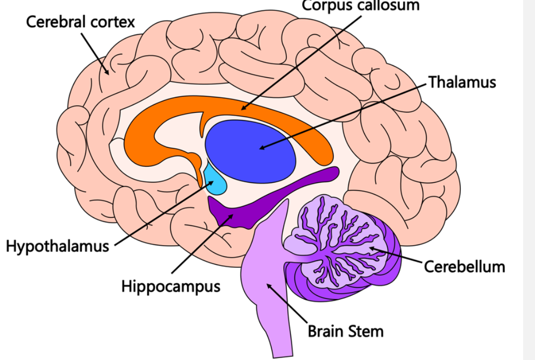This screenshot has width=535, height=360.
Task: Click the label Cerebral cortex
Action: pos(80,22)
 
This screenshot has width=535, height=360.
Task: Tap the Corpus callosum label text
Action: pos(360,5)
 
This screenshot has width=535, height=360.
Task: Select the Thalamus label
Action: pos(462,82)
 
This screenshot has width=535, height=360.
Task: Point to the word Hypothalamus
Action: pos(57,246)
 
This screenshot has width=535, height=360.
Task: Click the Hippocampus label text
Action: pos(170,286)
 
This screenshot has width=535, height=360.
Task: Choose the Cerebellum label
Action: pos(464,266)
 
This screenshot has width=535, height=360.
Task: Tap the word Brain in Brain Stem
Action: pos(327,331)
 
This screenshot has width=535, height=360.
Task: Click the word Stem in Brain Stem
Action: pos(367,331)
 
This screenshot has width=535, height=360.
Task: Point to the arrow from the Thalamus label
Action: pos(345,115)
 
